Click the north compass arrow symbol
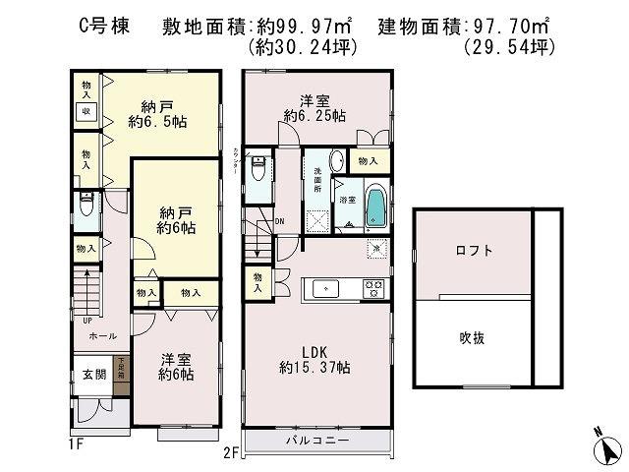point(609,448)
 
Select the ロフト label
point(474,251)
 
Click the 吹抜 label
point(474,337)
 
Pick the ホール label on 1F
point(89,335)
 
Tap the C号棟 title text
point(101,27)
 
